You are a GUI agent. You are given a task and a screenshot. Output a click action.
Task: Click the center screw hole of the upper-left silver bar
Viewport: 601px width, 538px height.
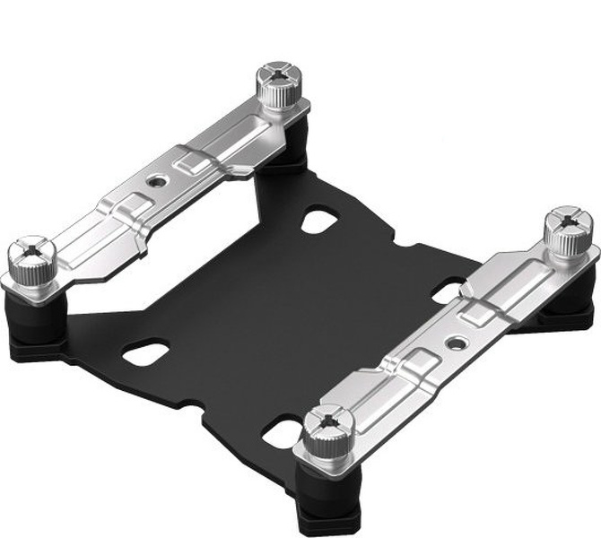(x=159, y=179)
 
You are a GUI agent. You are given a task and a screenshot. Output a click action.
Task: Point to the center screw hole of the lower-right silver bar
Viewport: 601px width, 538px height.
(x=458, y=342)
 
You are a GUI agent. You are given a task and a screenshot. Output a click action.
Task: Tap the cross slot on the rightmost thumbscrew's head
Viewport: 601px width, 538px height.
(x=566, y=218)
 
